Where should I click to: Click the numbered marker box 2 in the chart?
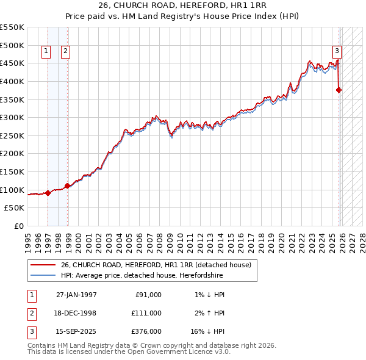point(65,52)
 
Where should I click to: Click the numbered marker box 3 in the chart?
point(337,52)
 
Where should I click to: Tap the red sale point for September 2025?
point(339,90)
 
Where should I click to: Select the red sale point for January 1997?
point(48,193)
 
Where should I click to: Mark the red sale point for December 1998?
point(67,185)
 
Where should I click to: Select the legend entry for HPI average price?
point(142,276)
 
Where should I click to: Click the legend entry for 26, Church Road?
point(156,265)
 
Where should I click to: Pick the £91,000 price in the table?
point(148,295)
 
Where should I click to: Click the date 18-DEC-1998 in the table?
point(76,313)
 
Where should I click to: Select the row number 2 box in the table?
point(30,313)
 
